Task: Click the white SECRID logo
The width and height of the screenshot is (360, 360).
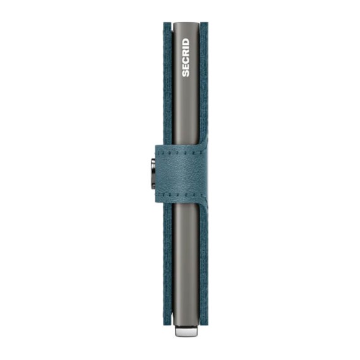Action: [186, 57]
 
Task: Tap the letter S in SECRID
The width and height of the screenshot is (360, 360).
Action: [186, 73]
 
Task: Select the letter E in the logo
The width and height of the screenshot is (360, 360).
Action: [186, 66]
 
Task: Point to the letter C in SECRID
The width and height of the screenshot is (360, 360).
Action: [186, 60]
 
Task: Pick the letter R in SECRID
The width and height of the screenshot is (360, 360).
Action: [186, 53]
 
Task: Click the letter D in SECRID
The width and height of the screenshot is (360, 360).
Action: [186, 42]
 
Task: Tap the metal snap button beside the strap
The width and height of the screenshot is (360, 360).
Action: [153, 174]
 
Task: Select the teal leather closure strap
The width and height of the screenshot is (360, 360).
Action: [181, 173]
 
